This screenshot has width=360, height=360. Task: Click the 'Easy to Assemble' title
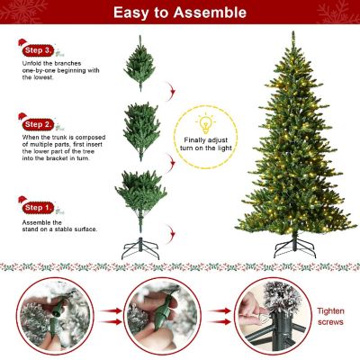[x=179, y=13]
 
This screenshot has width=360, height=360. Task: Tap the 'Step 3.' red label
[x=38, y=50]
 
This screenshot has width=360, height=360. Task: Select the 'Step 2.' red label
[x=38, y=123]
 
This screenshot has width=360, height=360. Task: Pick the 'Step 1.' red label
[x=38, y=208]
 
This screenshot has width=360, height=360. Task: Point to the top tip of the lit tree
[x=294, y=34]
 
